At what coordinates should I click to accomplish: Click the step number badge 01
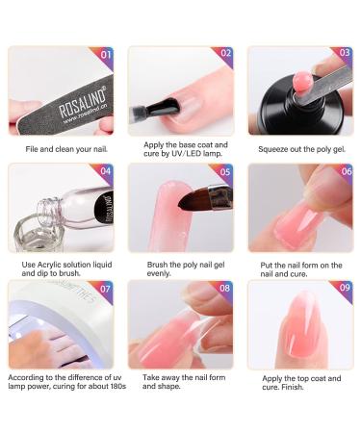106,55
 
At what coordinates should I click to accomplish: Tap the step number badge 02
225,55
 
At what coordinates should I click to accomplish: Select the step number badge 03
344,55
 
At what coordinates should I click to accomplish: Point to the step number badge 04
106,171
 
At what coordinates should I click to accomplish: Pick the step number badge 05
225,171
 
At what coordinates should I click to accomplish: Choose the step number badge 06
344,171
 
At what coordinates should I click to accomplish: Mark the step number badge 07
106,288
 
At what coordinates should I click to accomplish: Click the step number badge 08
225,288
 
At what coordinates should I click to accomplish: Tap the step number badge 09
344,288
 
